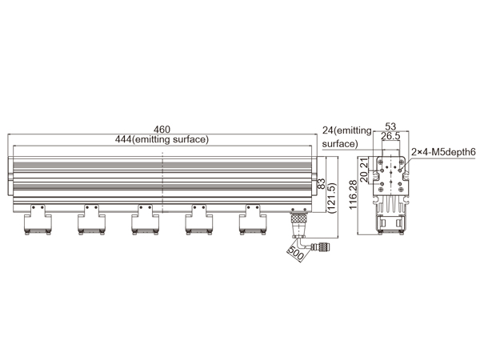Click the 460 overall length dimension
(162, 130)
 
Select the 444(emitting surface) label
(162, 139)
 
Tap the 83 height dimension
(322, 184)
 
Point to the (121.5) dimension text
(331, 198)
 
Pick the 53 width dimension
(390, 126)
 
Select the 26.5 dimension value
(390, 136)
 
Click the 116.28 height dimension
(353, 195)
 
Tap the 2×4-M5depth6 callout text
(443, 152)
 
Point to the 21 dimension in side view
(364, 163)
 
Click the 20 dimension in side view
(364, 177)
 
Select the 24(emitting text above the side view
(347, 130)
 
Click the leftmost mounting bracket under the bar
(38, 219)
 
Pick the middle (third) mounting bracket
(145, 219)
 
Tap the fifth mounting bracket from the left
(253, 219)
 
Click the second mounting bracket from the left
(91, 219)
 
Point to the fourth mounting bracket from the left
(199, 219)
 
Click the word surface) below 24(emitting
(340, 144)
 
